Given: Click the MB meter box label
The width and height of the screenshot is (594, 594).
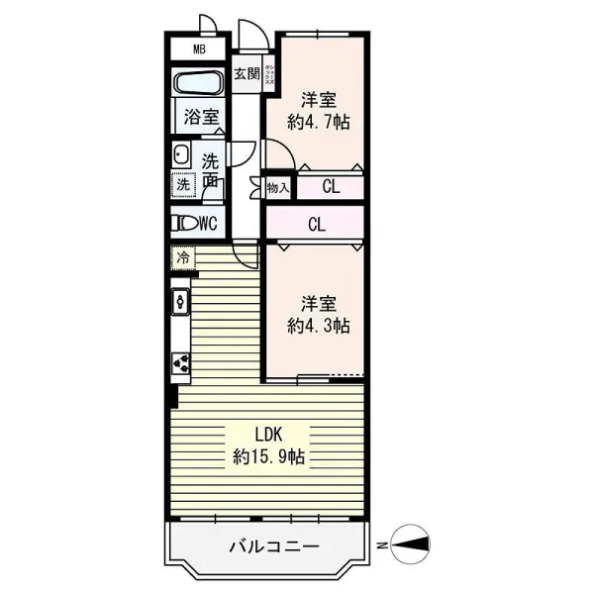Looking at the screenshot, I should pyautogui.click(x=199, y=49).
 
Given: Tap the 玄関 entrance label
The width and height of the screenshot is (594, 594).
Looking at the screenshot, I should pyautogui.click(x=247, y=74).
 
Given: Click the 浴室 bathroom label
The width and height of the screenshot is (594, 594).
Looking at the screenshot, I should pyautogui.click(x=200, y=116).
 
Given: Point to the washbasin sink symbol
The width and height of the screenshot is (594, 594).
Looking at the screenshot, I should pyautogui.click(x=181, y=153).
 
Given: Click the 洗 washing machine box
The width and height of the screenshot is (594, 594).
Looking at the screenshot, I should pyautogui.click(x=182, y=183).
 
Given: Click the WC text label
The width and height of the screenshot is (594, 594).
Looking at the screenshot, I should pyautogui.click(x=207, y=223).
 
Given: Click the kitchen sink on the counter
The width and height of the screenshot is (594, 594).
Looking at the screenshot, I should pyautogui.click(x=180, y=299).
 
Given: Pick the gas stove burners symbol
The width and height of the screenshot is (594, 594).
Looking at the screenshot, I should pyautogui.click(x=181, y=364).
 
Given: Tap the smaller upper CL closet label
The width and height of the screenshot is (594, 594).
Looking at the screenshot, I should pyautogui.click(x=332, y=186).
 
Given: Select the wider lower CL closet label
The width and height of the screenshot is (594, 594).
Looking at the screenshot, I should pyautogui.click(x=316, y=224).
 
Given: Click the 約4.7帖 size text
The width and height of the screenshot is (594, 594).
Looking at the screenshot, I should pyautogui.click(x=318, y=123).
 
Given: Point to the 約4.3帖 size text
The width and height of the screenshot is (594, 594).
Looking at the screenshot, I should pyautogui.click(x=318, y=324).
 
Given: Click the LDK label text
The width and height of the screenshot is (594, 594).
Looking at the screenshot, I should pyautogui.click(x=268, y=435).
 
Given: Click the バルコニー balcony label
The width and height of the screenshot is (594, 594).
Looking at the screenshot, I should pyautogui.click(x=273, y=545).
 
